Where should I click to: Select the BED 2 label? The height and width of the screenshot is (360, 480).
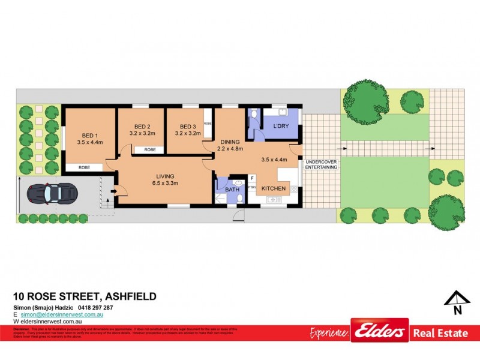point(142,126)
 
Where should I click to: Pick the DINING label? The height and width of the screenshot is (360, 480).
point(230,142)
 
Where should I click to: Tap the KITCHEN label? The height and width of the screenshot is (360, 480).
point(273,188)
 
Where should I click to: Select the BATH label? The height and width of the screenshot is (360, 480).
point(232,190)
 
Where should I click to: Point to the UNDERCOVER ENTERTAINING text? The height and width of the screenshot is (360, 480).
point(321,164)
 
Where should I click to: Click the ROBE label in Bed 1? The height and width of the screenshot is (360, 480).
point(84,167)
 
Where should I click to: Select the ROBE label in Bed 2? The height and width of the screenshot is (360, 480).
point(150,149)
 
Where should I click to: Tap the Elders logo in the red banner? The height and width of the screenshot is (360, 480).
point(379,331)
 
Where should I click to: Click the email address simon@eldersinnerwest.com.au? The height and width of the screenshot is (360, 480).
point(62,314)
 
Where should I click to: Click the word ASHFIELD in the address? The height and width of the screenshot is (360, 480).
point(131,296)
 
